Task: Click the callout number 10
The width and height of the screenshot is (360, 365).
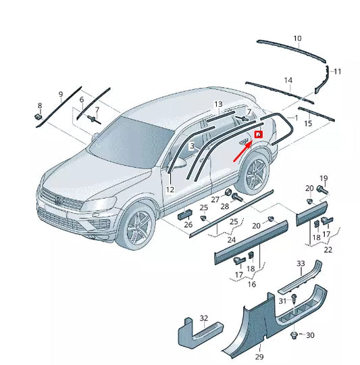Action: point(297,39)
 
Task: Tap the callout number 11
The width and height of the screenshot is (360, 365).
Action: point(338,71)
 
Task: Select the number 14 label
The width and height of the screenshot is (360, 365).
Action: point(288,80)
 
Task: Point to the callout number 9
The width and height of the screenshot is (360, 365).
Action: point(60,94)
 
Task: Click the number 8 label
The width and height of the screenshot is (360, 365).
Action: point(39,106)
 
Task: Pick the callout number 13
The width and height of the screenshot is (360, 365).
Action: point(218,104)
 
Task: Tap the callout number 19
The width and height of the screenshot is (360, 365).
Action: point(323,178)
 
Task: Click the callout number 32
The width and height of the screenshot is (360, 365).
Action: point(203,318)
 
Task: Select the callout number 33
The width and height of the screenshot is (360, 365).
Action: point(301,263)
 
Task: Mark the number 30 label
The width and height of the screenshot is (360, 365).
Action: point(310,335)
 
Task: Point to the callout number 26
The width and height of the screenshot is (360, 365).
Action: point(188,224)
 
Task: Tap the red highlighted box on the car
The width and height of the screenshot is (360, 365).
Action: point(258,135)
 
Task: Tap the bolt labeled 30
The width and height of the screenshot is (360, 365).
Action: point(293,335)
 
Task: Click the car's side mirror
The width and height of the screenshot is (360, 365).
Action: point(95,141)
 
